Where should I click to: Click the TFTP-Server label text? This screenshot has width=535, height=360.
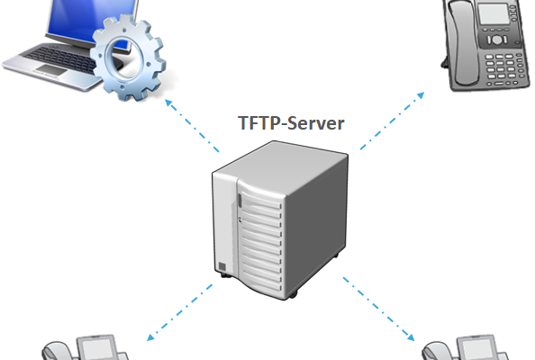(x=291, y=123)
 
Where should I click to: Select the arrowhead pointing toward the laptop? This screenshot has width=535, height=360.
(x=169, y=103)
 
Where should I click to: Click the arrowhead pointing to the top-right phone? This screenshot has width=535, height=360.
(x=421, y=95)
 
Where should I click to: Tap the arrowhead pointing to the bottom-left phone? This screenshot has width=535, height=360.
(x=150, y=337)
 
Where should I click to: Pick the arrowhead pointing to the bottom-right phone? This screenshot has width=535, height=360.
(x=411, y=337)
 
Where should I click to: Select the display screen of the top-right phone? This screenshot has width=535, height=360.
(x=494, y=14)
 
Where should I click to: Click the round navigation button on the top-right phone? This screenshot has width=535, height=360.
(x=497, y=40)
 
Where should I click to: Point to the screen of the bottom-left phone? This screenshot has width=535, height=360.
(x=96, y=348)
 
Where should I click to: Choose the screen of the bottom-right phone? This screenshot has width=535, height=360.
(x=476, y=348)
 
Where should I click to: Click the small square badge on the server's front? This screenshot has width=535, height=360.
(x=222, y=266)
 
